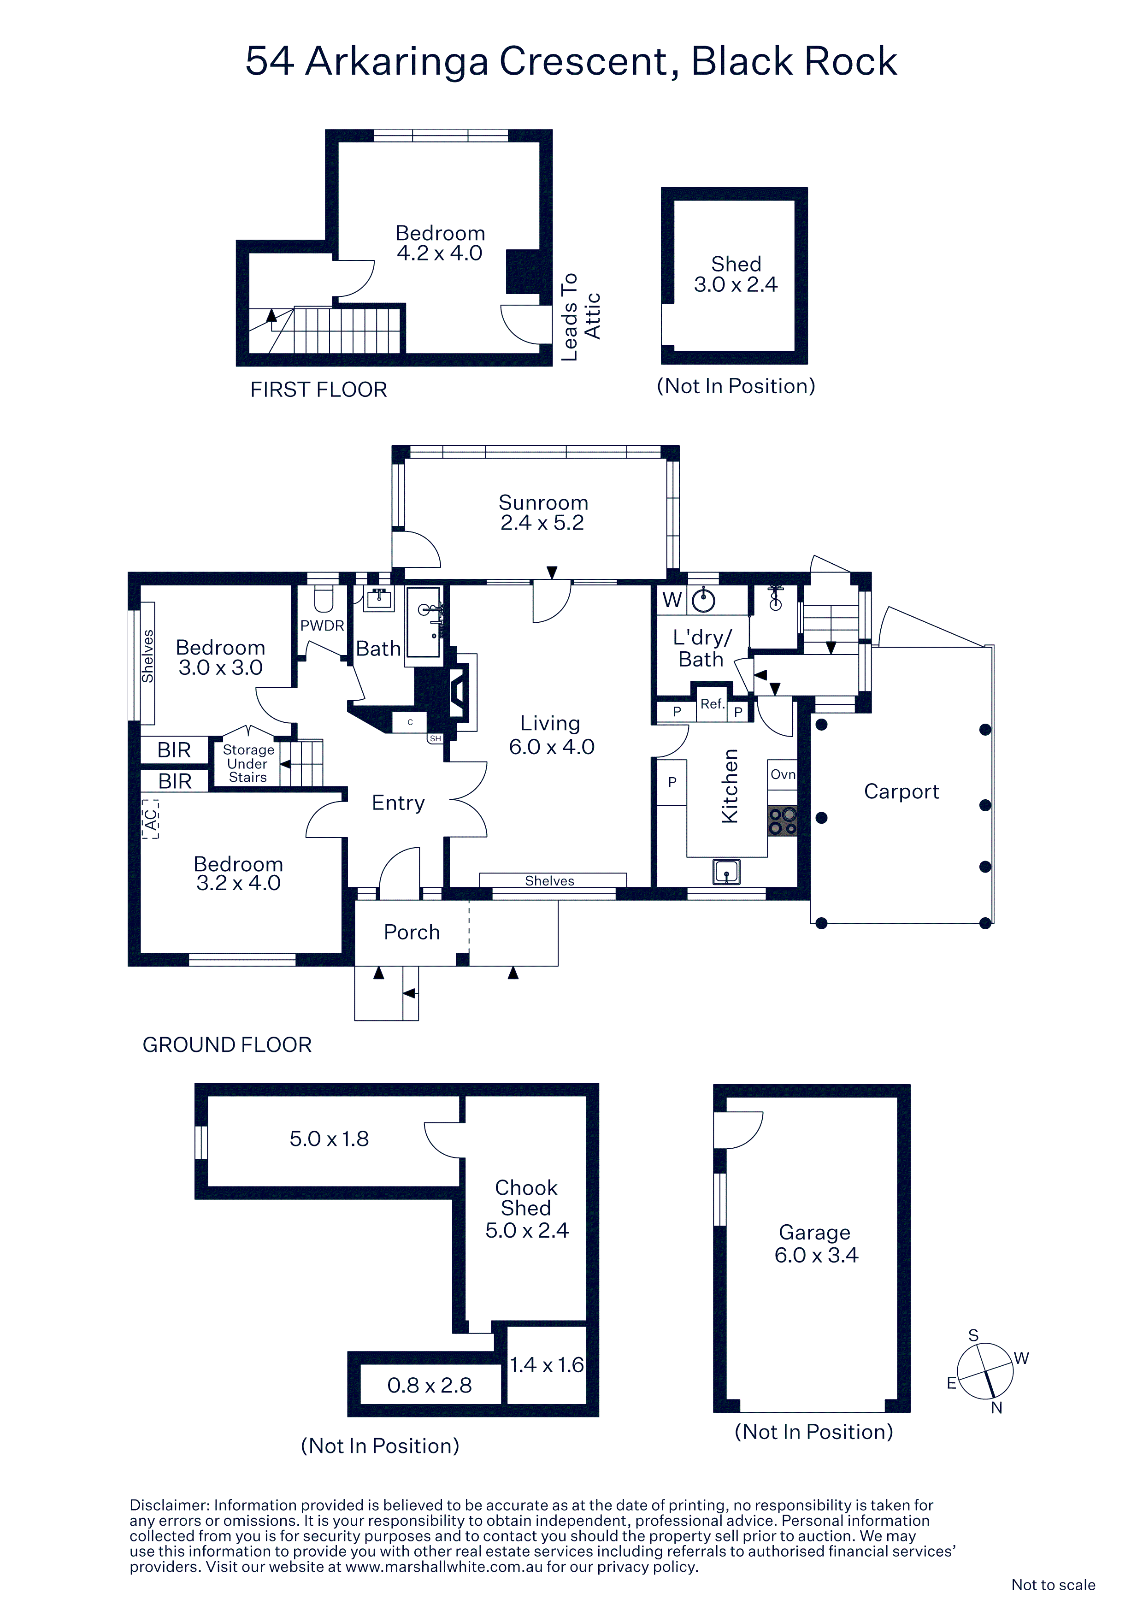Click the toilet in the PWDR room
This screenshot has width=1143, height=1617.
323,599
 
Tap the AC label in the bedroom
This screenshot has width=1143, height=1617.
150,818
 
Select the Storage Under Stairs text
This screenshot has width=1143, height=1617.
248,763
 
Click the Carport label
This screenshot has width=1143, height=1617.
901,791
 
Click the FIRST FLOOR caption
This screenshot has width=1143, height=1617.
318,389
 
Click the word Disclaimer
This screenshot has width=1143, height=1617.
169,1505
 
